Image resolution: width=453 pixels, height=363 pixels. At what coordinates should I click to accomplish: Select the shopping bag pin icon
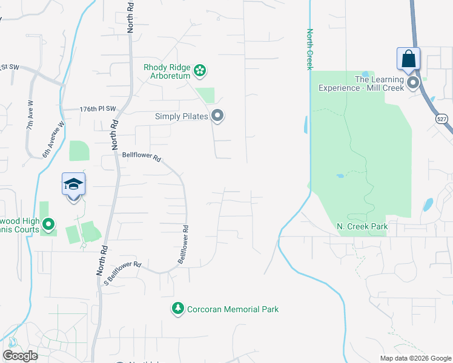pyautogui.click(x=408, y=59)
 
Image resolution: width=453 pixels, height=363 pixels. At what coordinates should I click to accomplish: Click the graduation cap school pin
pyautogui.click(x=73, y=184)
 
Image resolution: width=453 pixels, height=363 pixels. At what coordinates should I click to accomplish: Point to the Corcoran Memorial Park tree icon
pyautogui.click(x=178, y=309)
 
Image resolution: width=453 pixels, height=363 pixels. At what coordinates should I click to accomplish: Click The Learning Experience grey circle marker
pyautogui.click(x=414, y=83)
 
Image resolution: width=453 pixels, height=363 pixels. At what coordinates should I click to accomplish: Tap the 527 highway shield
pyautogui.click(x=441, y=120)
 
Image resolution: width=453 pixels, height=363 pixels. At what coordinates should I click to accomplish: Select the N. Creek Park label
pyautogui.click(x=362, y=226)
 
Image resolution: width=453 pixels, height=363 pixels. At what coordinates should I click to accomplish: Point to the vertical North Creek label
pyautogui.click(x=309, y=49)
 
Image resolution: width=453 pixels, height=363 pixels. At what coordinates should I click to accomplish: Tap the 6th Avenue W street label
pyautogui.click(x=53, y=141)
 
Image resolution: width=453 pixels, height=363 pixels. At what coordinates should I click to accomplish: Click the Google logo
pyautogui.click(x=20, y=356)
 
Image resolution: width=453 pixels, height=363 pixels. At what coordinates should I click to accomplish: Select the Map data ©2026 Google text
pyautogui.click(x=415, y=358)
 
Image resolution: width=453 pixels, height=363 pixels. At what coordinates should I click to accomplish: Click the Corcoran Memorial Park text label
pyautogui.click(x=233, y=309)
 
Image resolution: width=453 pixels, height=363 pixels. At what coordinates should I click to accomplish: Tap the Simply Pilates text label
pyautogui.click(x=182, y=116)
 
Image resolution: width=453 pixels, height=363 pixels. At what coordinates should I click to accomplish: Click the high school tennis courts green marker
pyautogui.click(x=48, y=226)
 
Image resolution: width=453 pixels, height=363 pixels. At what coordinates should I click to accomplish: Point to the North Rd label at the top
pyautogui.click(x=131, y=16)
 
